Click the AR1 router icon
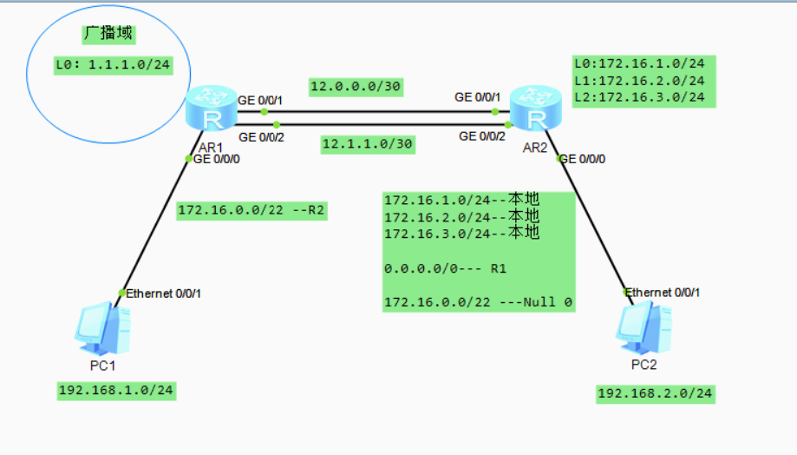210,111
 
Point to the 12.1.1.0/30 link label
368,144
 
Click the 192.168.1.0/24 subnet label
116,391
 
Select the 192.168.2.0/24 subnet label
655,393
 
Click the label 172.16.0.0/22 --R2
252,210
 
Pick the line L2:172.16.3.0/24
643,97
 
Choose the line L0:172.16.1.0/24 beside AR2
643,64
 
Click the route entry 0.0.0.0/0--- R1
445,269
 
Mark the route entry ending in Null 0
478,302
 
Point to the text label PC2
643,365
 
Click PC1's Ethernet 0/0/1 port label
164,293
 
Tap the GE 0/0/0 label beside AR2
583,159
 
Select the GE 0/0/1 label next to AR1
260,101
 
